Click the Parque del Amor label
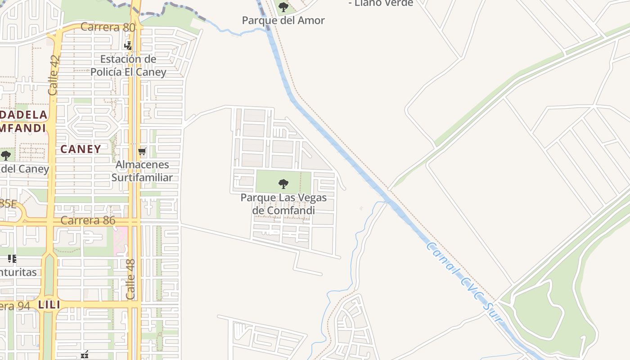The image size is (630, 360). coord(283,20)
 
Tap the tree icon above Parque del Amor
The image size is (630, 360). coord(283,7)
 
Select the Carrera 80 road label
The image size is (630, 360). coord(108,27)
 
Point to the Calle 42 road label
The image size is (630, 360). coord(54,75)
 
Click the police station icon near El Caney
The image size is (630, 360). coord(128,45)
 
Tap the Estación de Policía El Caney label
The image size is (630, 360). coord(128,65)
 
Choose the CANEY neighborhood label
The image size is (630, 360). coord(81,149)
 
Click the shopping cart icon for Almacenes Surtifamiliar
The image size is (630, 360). coord(142,151)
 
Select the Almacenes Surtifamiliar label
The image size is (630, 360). coord(142,171)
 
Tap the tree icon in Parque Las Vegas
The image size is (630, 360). coord(283,183)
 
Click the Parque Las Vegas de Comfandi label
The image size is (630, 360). coord(283,204)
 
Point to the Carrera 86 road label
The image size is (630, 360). coord(88,220)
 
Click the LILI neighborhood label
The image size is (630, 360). coord(49,305)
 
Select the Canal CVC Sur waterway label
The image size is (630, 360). coord(463,281)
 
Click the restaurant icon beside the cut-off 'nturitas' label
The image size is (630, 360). coord(12,258)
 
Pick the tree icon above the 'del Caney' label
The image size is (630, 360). coord(6,156)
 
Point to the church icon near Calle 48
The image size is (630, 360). coord(84,355)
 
